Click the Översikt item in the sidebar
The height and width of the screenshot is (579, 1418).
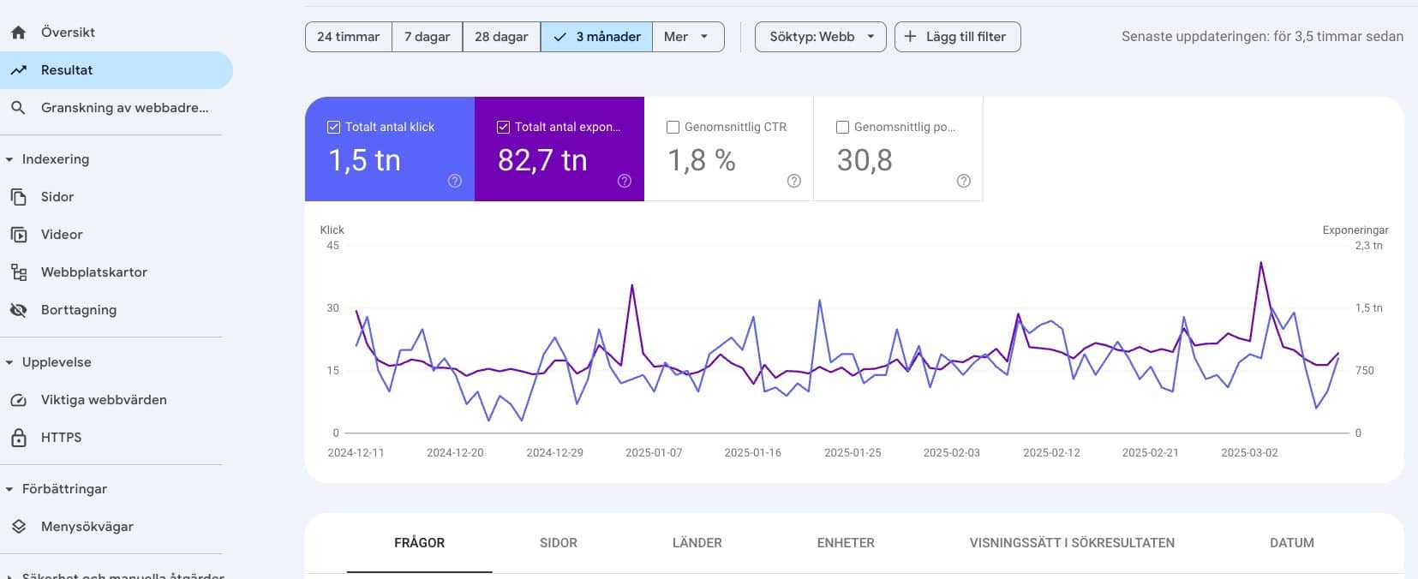68,33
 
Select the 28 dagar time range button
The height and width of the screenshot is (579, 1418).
501,37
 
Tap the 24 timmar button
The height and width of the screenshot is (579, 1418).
348,37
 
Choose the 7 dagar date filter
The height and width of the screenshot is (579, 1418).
428,37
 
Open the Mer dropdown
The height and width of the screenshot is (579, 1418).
688,37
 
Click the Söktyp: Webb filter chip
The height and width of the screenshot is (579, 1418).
821,37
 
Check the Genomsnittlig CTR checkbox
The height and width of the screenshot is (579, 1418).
673,127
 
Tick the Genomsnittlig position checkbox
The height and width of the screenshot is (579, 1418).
842,127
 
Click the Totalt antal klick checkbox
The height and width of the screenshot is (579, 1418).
333,127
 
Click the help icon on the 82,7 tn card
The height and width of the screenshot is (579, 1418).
624,181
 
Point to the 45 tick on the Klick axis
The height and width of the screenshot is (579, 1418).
333,246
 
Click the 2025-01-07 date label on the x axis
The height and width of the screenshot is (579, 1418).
654,453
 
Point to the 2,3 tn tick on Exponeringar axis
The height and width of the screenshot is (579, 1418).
1368,246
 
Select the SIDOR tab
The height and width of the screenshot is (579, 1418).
559,543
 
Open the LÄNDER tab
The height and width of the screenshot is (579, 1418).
697,543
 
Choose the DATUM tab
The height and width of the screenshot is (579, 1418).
1292,543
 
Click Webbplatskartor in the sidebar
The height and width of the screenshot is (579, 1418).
94,272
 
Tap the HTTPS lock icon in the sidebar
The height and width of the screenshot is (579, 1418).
19,438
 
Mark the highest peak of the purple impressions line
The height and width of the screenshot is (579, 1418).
1261,263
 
